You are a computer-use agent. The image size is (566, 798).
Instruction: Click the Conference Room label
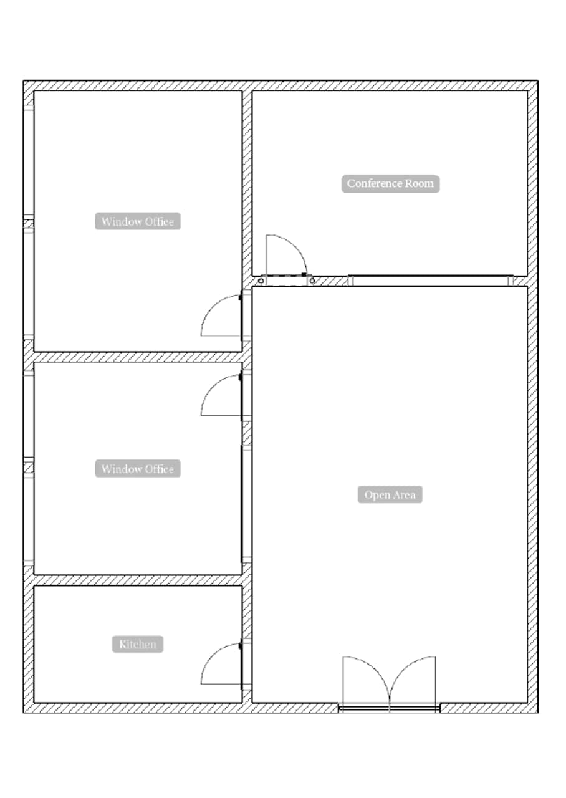[390, 183]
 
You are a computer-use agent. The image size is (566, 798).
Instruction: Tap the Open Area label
[390, 495]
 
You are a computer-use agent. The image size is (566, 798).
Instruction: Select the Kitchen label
[138, 644]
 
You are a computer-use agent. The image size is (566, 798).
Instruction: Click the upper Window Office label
[138, 221]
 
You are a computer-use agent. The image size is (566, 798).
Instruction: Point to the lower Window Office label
[138, 469]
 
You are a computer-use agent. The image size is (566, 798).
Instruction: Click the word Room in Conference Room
[420, 183]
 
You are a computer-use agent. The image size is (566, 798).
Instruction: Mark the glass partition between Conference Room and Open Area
[430, 281]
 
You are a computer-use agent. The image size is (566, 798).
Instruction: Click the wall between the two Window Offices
[137, 357]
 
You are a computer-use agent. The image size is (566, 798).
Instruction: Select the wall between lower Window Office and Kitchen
[137, 580]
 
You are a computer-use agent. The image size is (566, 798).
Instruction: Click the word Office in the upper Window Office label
[159, 221]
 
